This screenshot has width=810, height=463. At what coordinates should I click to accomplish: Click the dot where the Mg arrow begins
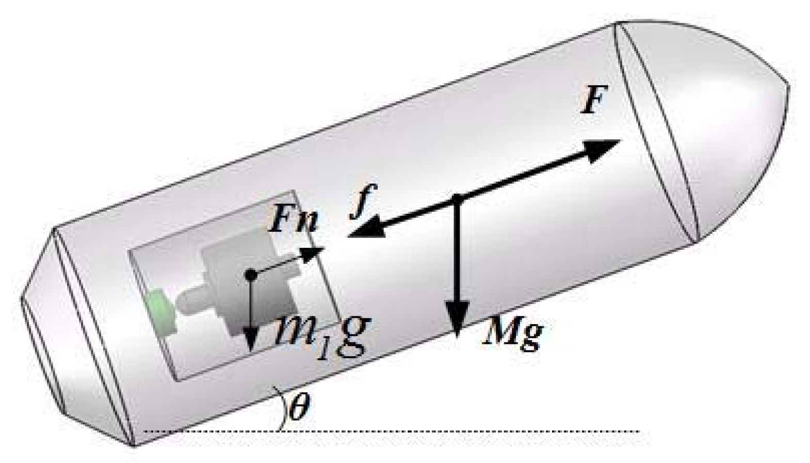(457, 197)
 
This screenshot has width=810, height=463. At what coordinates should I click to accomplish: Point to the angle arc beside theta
(282, 408)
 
